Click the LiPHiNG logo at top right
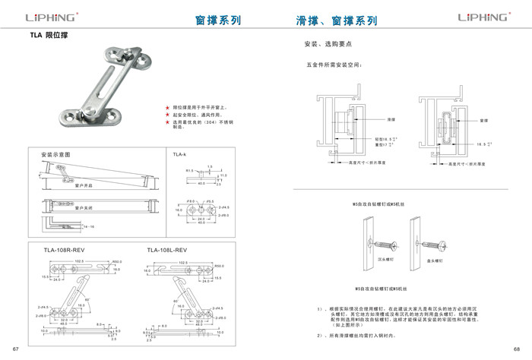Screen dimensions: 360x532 482,19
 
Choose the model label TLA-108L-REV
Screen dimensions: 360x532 166,249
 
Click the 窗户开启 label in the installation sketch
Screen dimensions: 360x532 83,185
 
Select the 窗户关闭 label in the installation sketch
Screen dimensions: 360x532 83,207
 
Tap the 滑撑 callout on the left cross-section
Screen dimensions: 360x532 391,119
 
